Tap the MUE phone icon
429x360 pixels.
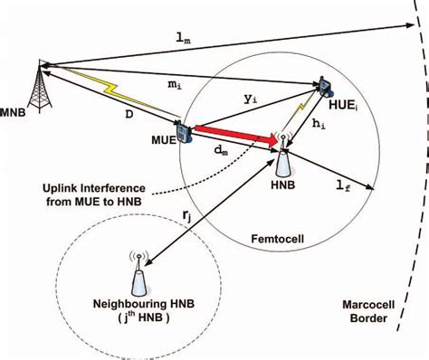(x=184, y=132)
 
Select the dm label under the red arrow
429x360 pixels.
(x=220, y=153)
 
